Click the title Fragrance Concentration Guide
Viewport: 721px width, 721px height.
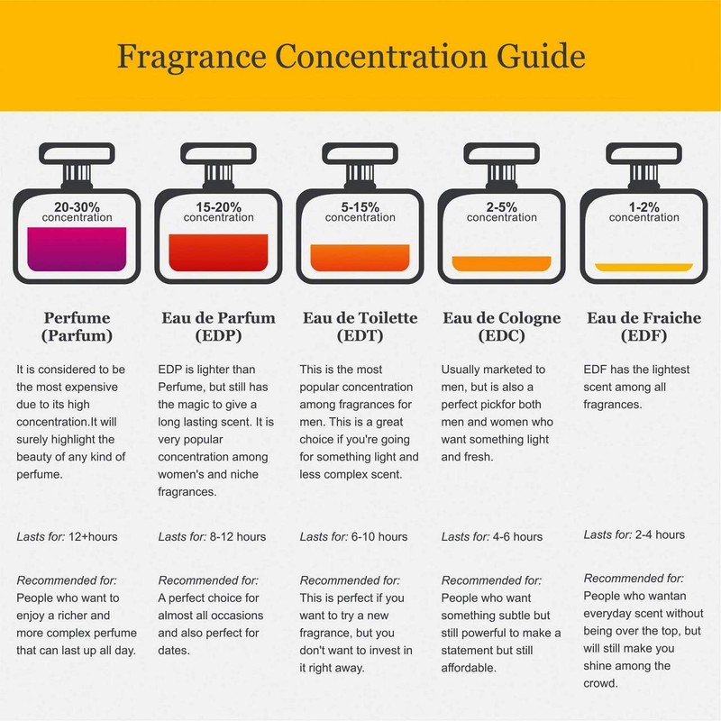coord(351,56)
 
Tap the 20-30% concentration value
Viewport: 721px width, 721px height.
coord(77,206)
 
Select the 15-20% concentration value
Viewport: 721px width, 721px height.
coord(218,206)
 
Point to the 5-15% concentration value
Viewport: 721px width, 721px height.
coord(360,206)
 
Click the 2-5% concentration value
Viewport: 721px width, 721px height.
coord(502,206)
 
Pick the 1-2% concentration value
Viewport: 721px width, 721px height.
coord(643,206)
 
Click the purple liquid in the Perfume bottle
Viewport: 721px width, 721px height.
coord(77,250)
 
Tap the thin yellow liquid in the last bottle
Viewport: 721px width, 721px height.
coord(643,267)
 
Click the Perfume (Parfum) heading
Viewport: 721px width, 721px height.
coord(77,327)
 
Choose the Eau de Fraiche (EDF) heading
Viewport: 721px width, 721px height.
coord(643,327)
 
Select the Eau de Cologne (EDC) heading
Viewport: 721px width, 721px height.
coord(502,327)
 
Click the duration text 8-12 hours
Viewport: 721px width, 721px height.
coord(238,537)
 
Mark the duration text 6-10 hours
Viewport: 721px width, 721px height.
coord(379,537)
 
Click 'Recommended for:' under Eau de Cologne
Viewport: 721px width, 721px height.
coord(491,580)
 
